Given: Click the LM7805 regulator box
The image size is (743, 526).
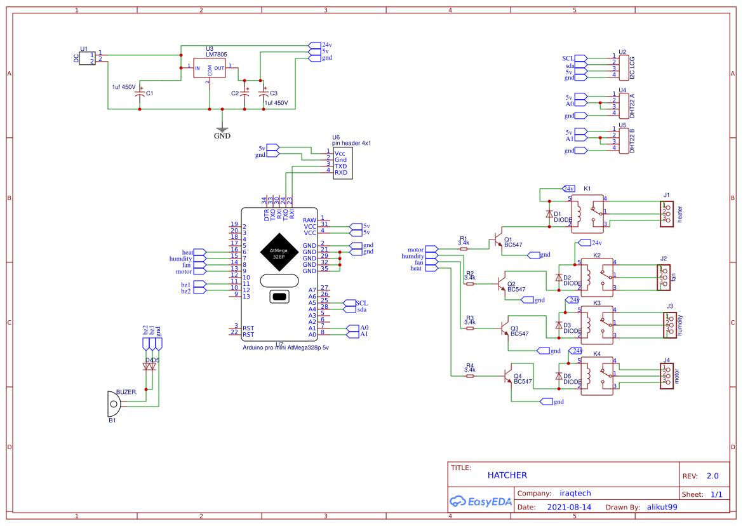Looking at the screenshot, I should coord(210,68).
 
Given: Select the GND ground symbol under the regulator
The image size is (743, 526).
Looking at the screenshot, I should coord(222,129).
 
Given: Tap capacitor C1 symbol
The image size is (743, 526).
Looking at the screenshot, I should coord(140,93).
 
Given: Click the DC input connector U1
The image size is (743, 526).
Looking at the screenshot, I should coord(88,58).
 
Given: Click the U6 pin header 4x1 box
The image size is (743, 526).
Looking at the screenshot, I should coord(343,163).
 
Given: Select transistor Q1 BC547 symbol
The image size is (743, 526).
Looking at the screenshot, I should coord(497,241).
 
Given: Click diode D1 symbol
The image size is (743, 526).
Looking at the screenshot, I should coord(549,214).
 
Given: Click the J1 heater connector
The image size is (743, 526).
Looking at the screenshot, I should coord(666,213).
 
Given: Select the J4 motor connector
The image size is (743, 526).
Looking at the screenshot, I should coord(666,375).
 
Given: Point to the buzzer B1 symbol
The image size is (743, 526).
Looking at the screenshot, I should coord(112,403).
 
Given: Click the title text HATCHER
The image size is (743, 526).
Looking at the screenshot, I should coord(507,475).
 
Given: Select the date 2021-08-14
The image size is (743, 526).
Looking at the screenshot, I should coord(569,508).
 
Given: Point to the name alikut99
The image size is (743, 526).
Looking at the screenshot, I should coord(662,508).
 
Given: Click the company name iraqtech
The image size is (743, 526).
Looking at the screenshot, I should coord(575,493).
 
